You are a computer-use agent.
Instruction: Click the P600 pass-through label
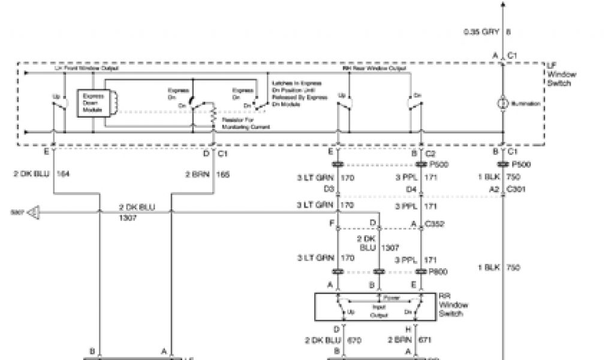point(439,272)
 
